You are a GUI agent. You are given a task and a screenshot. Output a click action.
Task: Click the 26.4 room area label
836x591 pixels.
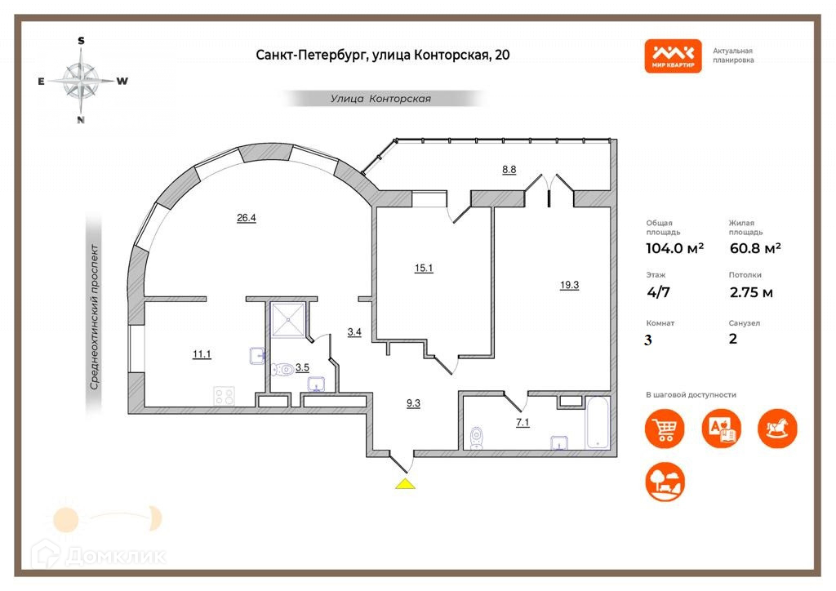(246, 218)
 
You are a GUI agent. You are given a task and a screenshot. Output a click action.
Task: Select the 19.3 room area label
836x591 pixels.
(570, 285)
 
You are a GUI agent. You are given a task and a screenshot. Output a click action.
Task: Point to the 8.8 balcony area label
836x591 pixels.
(509, 170)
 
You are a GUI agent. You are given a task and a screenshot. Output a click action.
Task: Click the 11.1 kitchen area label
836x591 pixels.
(202, 354)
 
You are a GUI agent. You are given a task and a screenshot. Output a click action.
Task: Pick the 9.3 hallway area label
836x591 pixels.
(414, 402)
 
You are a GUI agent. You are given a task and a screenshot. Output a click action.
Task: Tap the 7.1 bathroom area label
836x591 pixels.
(522, 422)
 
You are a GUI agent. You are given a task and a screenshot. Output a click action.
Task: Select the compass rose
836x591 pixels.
(81, 81)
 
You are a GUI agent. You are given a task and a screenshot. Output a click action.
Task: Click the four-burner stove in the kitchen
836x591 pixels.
(223, 396)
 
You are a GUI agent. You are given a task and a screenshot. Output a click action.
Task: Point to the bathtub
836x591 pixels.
(598, 422)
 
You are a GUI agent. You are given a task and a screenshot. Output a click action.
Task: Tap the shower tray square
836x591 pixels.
(289, 319)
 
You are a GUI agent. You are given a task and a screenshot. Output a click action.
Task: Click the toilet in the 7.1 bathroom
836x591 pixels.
(477, 438)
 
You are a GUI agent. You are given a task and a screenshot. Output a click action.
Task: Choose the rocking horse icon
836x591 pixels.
(777, 428)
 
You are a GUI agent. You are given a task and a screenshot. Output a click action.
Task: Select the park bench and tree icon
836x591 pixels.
(665, 482)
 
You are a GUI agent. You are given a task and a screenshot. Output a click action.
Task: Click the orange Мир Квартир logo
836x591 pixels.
(673, 56)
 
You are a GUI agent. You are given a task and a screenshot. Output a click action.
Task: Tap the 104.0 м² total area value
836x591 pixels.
(674, 249)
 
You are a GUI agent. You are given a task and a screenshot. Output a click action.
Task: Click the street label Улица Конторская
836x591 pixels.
(380, 99)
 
